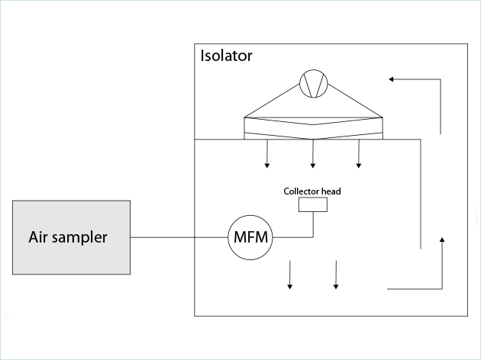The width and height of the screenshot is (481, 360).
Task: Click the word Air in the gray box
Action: point(38,236)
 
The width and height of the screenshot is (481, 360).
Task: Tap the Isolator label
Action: point(226,56)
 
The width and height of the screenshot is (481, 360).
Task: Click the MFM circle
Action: point(251,237)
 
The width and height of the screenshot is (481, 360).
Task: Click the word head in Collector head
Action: point(332,191)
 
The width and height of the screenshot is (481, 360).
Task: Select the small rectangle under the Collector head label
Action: point(313,204)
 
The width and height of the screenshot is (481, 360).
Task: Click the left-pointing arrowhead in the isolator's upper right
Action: point(392,79)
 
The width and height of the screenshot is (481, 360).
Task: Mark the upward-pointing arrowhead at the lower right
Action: point(443,241)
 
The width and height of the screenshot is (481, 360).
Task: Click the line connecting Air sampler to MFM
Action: point(179,237)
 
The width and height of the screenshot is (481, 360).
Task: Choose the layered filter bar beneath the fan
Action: point(312,128)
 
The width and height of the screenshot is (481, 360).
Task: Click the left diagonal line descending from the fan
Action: point(271,100)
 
